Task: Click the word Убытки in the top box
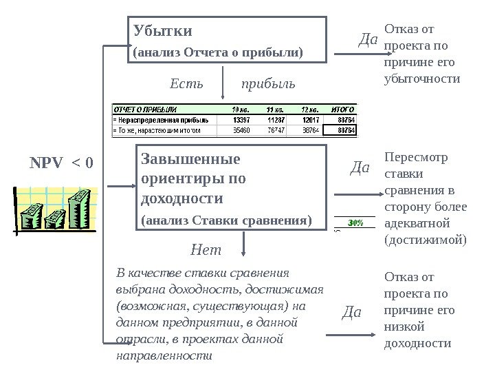[x=163, y=31]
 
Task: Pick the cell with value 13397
[x=242, y=118]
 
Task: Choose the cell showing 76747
[x=276, y=129]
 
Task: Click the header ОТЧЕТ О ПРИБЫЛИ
[x=144, y=109]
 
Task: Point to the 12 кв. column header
[x=309, y=109]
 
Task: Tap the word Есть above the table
[x=186, y=84]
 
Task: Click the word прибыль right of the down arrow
[x=268, y=84]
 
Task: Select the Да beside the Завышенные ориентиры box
[x=360, y=167]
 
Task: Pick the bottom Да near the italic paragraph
[x=351, y=313]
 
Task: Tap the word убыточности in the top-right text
[x=421, y=79]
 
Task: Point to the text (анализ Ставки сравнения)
[x=226, y=220]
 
